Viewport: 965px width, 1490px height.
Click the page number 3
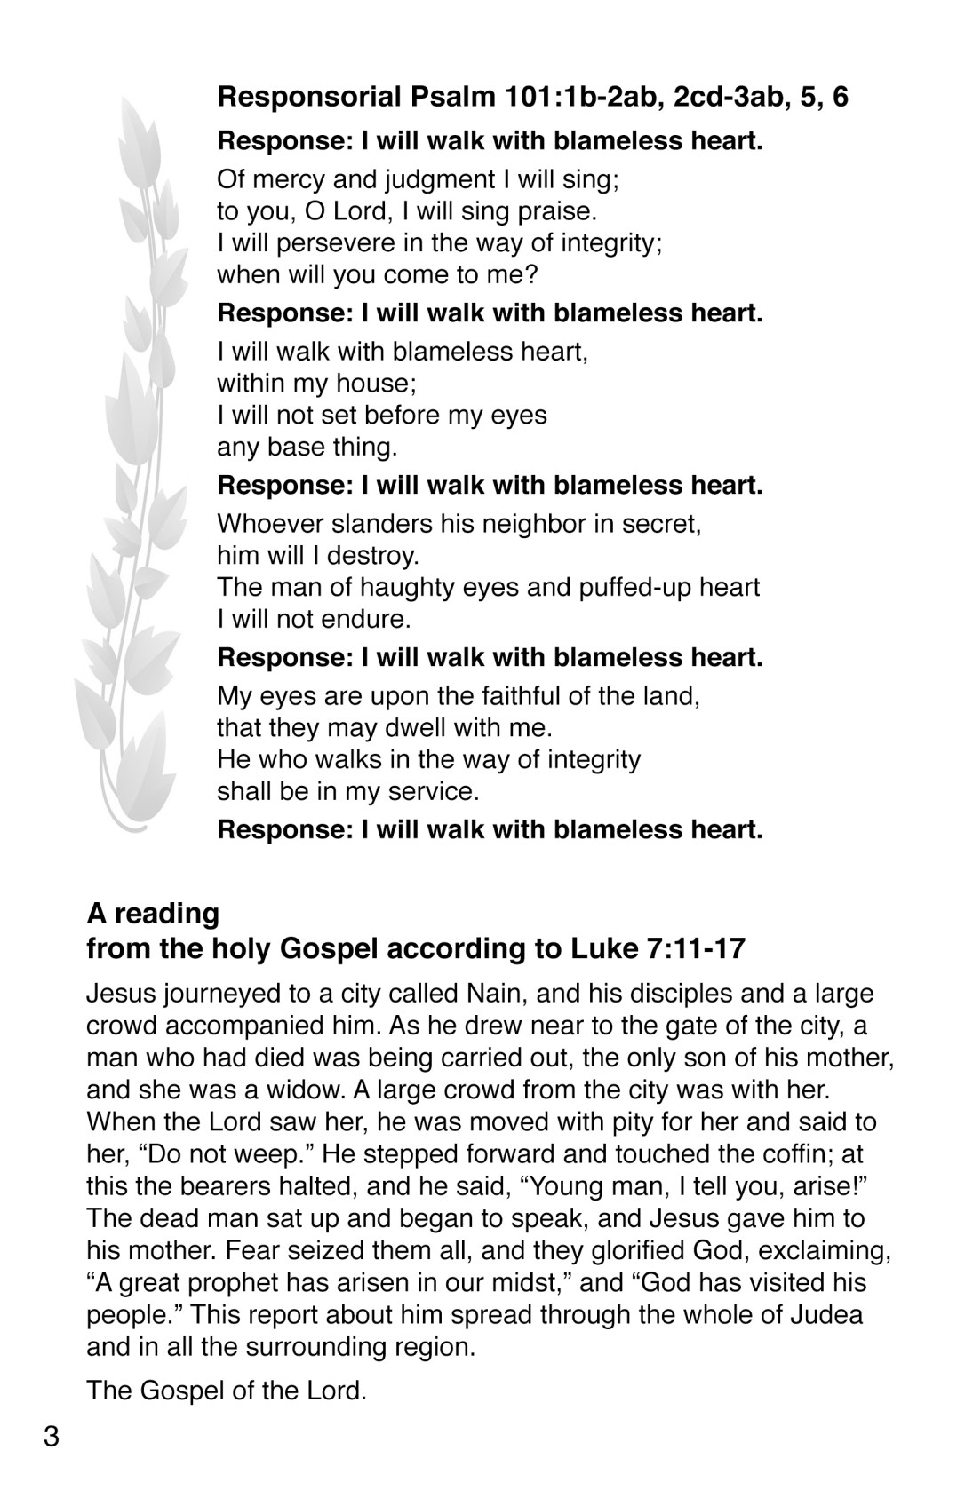click(x=52, y=1435)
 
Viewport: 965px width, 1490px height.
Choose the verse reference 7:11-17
click(x=692, y=949)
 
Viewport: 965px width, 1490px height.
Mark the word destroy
click(x=373, y=556)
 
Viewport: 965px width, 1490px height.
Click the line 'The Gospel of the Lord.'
click(x=227, y=1390)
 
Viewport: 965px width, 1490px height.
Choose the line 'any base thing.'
click(x=307, y=447)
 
